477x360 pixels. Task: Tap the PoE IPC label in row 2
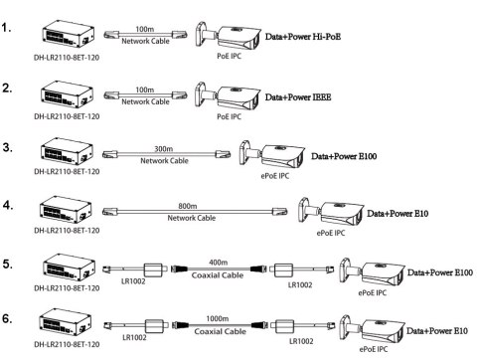(x=228, y=116)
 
